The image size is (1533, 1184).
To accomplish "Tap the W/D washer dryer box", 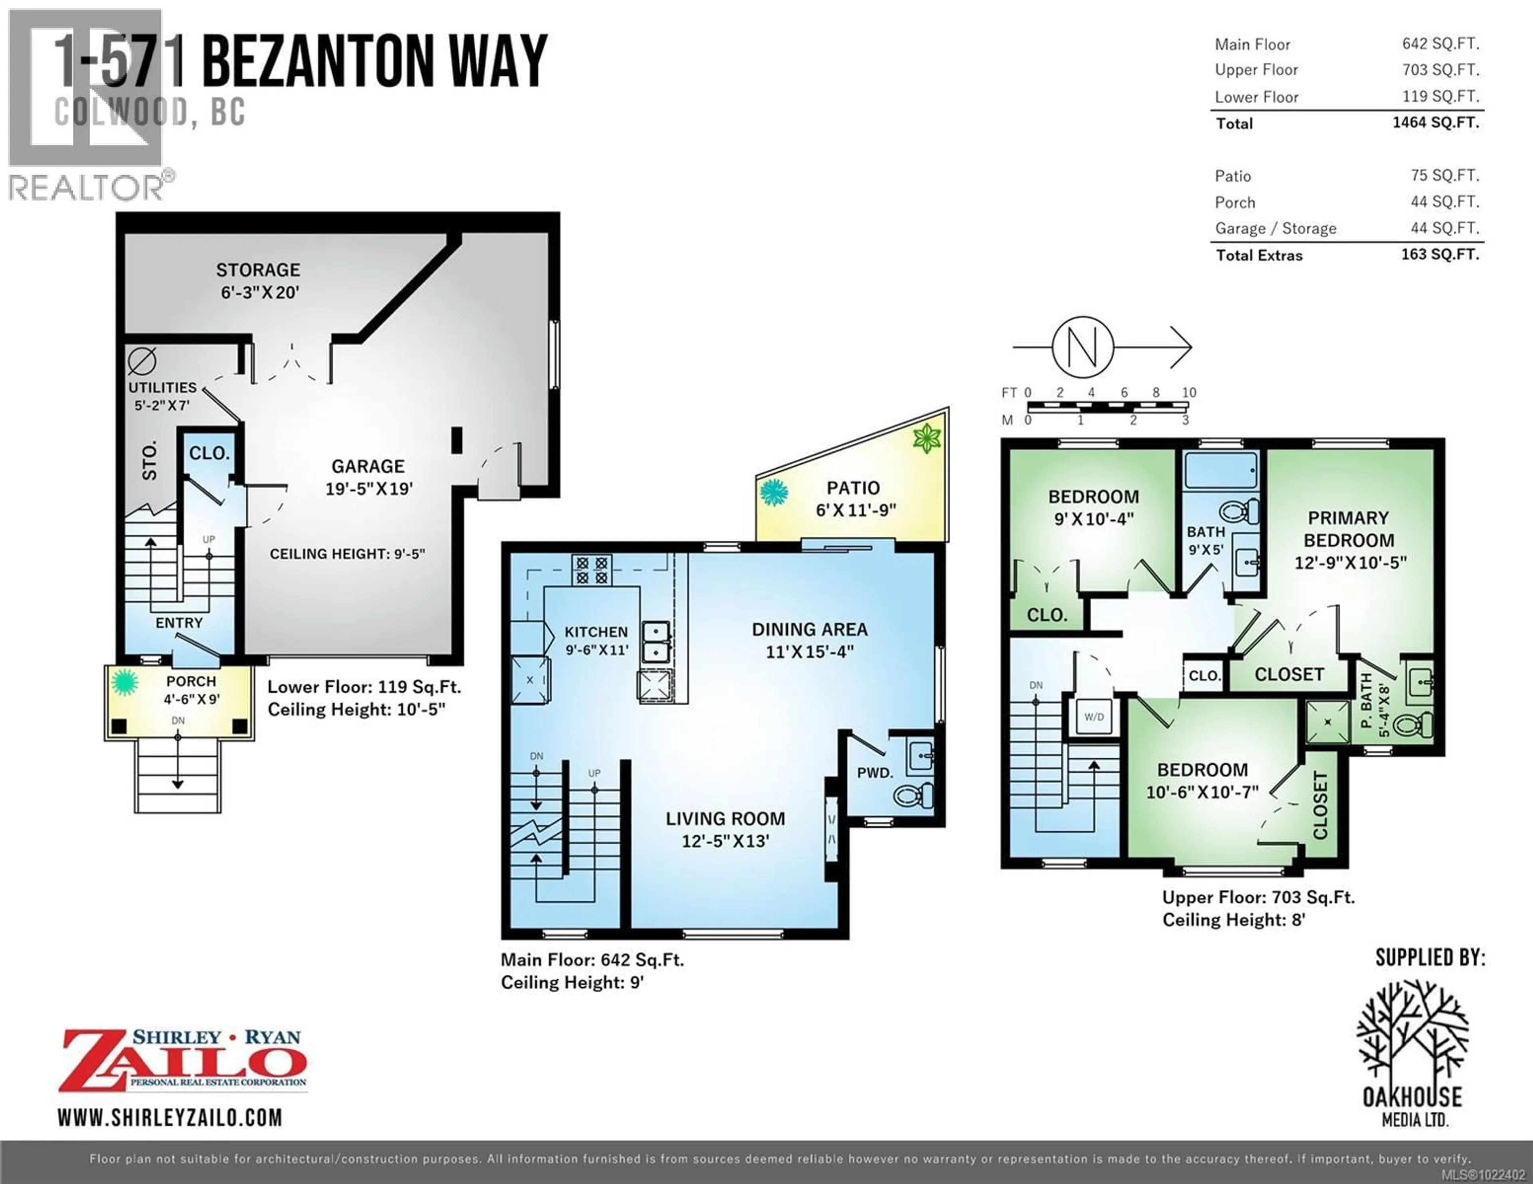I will pyautogui.click(x=1093, y=717).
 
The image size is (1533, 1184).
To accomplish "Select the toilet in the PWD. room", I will pyautogui.click(x=913, y=795).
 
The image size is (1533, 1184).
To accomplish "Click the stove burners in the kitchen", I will pyautogui.click(x=592, y=570).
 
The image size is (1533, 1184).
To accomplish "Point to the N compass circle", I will pyautogui.click(x=1083, y=347).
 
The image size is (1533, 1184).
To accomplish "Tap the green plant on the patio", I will pyautogui.click(x=927, y=439).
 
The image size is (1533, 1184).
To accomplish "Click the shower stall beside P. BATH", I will pyautogui.click(x=1327, y=722).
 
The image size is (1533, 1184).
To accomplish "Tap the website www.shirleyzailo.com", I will pyautogui.click(x=170, y=1117).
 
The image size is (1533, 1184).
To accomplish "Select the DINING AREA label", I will pyautogui.click(x=809, y=630).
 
